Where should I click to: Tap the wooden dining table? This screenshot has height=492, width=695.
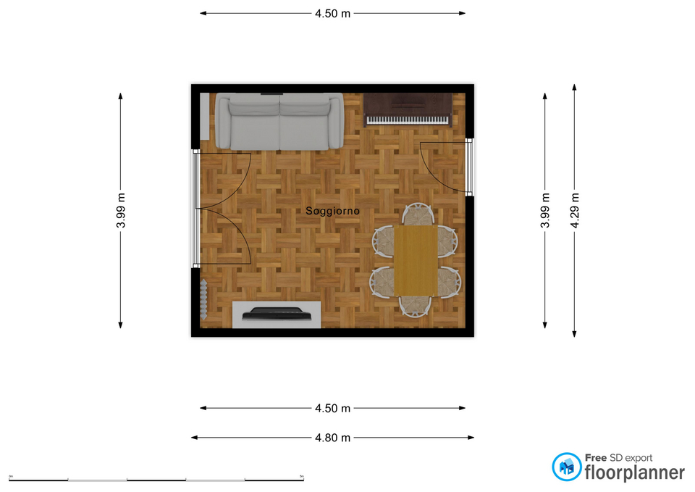416,261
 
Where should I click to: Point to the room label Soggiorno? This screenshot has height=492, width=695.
332,211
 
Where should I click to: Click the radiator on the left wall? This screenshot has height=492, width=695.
204,299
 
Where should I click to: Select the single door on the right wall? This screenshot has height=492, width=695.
445,167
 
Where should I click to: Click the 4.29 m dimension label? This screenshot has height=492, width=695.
575,210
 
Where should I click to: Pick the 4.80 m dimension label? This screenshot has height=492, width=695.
332,438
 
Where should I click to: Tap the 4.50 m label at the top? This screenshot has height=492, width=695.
332,13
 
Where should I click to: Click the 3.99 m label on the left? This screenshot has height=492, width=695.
121,210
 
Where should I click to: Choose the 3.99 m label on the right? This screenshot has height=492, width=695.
545,210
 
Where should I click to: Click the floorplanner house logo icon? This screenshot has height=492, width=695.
566,467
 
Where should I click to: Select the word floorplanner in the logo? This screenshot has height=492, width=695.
635,473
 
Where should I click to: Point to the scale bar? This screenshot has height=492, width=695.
156,480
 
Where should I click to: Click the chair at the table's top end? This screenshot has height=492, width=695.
418,215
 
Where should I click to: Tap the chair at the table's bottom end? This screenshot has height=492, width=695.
416,307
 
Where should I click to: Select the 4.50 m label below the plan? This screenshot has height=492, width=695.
332,409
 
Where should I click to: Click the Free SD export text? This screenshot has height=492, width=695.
619,458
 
